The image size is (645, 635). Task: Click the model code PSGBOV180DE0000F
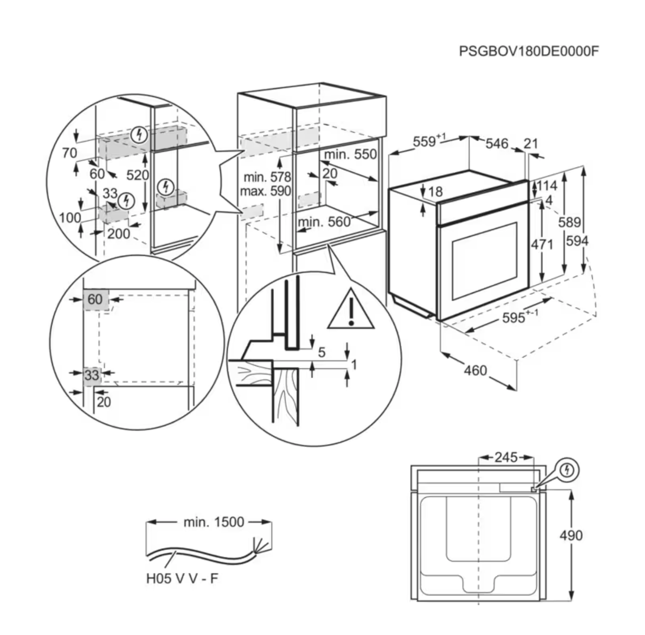pyautogui.click(x=528, y=51)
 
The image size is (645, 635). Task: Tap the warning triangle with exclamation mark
pyautogui.click(x=351, y=310)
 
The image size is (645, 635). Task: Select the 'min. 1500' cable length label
pyautogui.click(x=214, y=522)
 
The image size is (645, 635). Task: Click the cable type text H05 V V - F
pyautogui.click(x=182, y=579)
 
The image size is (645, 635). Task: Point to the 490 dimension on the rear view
pyautogui.click(x=571, y=535)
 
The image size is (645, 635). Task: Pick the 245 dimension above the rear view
pyautogui.click(x=506, y=457)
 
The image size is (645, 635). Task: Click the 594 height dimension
pyautogui.click(x=577, y=241)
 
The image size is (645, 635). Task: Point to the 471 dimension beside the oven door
pyautogui.click(x=541, y=244)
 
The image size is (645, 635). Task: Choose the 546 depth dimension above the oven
pyautogui.click(x=497, y=143)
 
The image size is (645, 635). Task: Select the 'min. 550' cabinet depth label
pyautogui.click(x=350, y=154)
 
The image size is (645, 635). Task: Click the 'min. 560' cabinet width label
pyautogui.click(x=324, y=222)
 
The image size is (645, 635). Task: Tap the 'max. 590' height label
pyautogui.click(x=265, y=191)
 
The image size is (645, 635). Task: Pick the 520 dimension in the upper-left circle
pyautogui.click(x=138, y=175)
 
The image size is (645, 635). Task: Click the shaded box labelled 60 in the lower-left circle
pyautogui.click(x=95, y=299)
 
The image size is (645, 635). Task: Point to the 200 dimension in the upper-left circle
pyautogui.click(x=119, y=233)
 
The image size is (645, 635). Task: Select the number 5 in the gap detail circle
pyautogui.click(x=322, y=352)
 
